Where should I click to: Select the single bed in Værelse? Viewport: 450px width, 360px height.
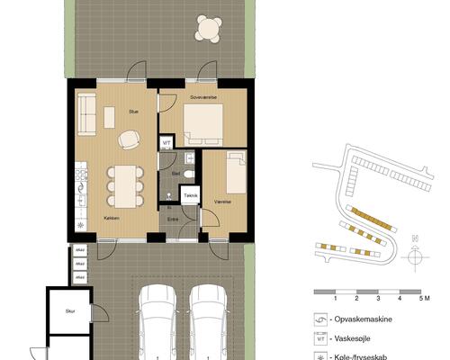(236, 173)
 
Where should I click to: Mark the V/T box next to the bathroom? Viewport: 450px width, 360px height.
(166, 142)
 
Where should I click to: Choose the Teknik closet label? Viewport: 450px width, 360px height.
(190, 195)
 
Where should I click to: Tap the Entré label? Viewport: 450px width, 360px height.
(173, 218)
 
